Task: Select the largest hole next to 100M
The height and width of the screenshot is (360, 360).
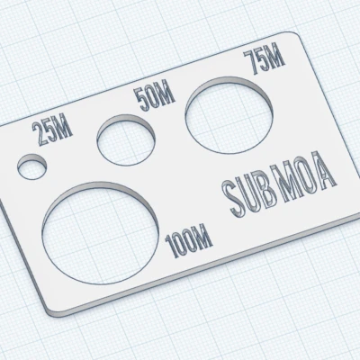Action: pyautogui.click(x=101, y=229)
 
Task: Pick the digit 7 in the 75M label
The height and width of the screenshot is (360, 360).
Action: pyautogui.click(x=252, y=65)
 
